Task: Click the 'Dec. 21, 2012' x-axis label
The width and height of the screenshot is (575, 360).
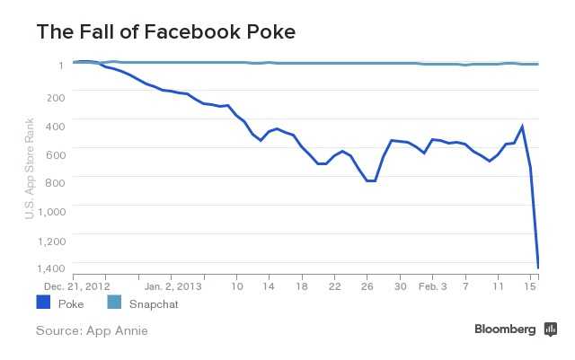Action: [76, 287]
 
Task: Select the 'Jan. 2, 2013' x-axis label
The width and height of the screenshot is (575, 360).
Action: [172, 287]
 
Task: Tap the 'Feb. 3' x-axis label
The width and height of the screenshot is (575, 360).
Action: [433, 287]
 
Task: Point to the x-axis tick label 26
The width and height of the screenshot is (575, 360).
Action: [367, 287]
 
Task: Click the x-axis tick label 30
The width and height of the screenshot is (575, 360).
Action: [400, 287]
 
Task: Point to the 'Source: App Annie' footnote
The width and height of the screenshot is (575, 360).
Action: [92, 331]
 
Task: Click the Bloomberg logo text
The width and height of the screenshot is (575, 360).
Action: [505, 329]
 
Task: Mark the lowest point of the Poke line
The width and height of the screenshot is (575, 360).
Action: [538, 267]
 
